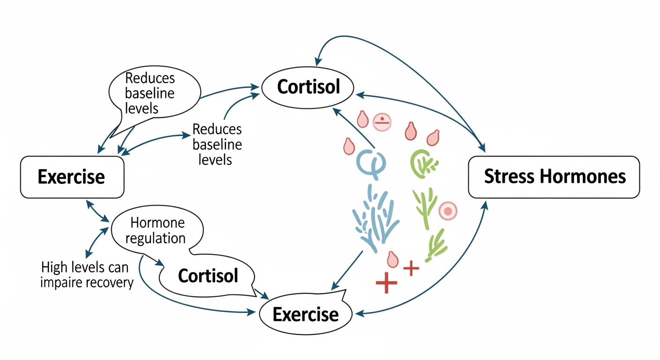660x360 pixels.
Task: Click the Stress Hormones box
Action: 554,177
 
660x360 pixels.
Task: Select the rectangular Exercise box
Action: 72,177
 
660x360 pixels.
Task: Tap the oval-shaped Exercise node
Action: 305,314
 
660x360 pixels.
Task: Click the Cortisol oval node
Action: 308,87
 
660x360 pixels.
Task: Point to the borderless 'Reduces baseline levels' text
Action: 217,144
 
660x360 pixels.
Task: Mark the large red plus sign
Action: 387,283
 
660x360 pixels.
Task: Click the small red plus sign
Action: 411,268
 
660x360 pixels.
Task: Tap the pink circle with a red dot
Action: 447,212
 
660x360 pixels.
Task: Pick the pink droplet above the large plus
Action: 392,259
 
